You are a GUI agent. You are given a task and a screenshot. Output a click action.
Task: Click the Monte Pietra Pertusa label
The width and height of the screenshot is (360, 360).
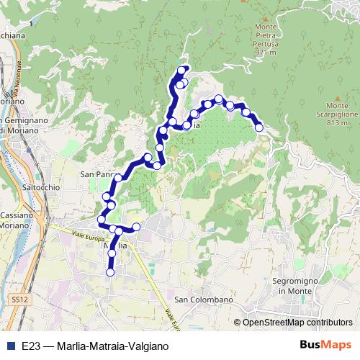coord(266,35)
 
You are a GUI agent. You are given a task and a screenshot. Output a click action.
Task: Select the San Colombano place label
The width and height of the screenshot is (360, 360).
coord(204,300)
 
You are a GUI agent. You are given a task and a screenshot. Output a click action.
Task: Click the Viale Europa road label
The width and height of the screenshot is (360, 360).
coord(87,235)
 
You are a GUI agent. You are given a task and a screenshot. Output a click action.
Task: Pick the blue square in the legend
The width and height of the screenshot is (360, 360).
coord(10,346)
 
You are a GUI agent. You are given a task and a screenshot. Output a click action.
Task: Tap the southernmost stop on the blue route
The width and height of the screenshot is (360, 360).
coord(111,272)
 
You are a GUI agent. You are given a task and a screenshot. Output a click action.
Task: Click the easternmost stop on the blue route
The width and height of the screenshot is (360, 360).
coord(259,127)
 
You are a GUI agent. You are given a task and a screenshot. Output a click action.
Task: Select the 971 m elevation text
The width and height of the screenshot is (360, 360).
coord(266,53)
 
